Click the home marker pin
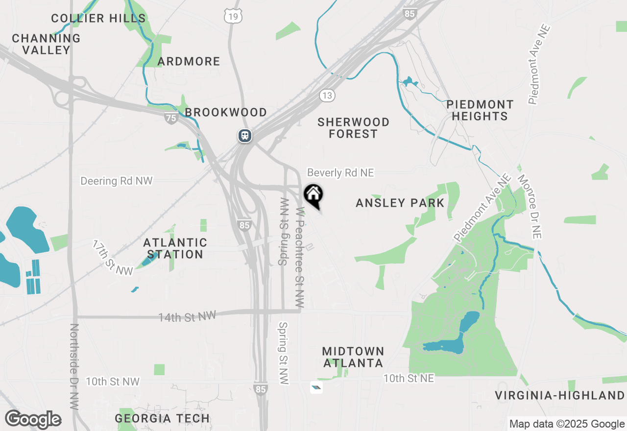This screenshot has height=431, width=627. click(313, 195)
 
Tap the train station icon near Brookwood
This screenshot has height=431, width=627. click(245, 135)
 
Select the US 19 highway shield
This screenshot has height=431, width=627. click(233, 17)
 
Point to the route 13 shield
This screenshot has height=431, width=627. click(327, 95)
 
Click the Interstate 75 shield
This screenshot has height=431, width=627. click(170, 118)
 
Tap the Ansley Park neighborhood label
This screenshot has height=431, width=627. click(400, 203)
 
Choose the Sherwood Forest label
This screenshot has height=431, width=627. click(353, 128)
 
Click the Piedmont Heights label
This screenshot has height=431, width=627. click(480, 110)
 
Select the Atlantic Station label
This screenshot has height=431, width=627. click(175, 248)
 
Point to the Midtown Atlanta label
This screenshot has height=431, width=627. click(353, 357)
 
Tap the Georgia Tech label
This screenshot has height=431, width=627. click(162, 418)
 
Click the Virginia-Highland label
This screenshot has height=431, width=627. click(559, 395)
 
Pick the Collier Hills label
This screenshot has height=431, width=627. click(98, 19)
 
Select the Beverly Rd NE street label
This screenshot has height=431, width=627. click(340, 173)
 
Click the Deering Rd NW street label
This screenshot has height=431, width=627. click(117, 181)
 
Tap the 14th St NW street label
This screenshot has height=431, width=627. click(187, 317)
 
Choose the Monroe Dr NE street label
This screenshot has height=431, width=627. click(530, 207)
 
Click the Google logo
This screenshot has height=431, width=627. click(33, 420)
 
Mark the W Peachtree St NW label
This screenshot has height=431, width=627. click(300, 257)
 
